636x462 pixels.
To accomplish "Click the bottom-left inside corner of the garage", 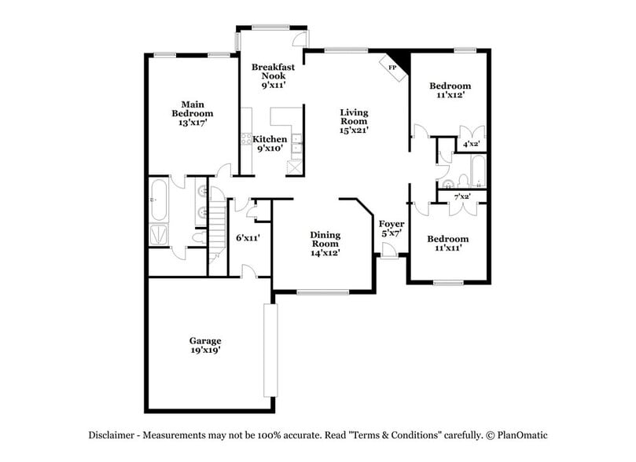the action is click(x=149, y=409).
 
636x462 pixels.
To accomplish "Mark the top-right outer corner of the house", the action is click(x=491, y=49).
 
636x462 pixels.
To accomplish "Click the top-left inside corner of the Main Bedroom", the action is click(x=149, y=57).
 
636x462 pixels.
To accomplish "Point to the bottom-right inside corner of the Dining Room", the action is click(x=371, y=289).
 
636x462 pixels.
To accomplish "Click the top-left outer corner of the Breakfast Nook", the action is click(x=237, y=26).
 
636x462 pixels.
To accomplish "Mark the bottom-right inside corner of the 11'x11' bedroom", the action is click(x=487, y=280).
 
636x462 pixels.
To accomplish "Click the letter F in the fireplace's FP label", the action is click(x=391, y=68).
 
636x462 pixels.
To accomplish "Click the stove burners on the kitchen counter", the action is click(x=246, y=139).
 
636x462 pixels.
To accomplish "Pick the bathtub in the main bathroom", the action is click(x=159, y=200).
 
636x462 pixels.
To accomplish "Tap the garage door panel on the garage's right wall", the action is click(x=270, y=350).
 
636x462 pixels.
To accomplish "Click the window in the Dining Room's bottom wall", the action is click(x=323, y=291).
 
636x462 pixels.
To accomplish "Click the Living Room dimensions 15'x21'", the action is click(x=354, y=130).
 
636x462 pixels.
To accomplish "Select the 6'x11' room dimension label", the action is click(x=248, y=238).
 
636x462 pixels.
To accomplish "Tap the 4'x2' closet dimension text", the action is click(x=472, y=144).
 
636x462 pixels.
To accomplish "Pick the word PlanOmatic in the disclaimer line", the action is click(x=523, y=435).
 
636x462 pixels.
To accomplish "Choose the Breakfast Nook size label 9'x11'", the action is click(x=274, y=85).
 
